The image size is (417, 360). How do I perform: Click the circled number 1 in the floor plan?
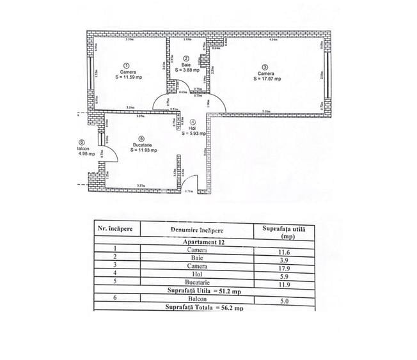coord(126,65)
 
